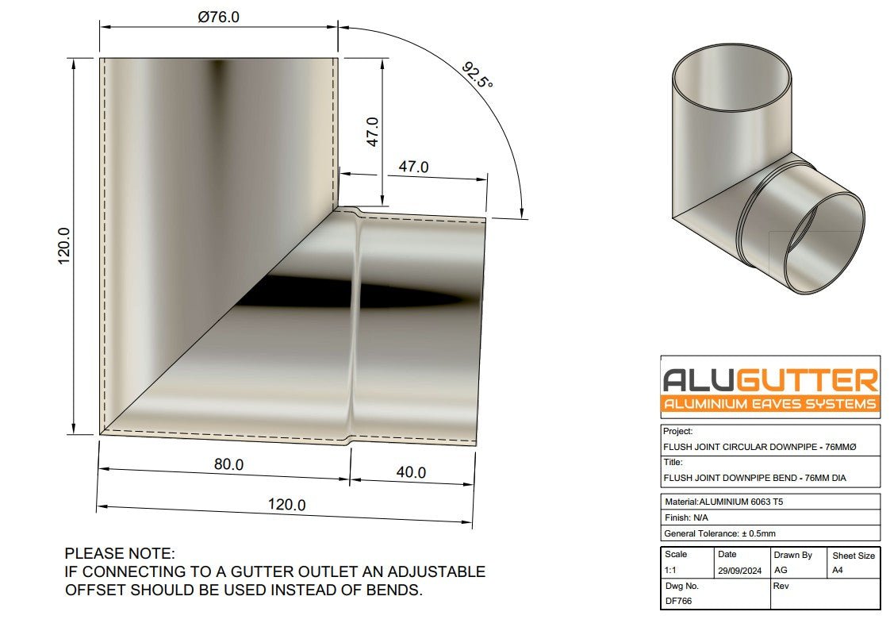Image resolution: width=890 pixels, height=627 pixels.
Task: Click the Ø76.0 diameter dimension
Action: [x=218, y=17]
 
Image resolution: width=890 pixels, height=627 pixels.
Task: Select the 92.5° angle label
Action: [x=477, y=76]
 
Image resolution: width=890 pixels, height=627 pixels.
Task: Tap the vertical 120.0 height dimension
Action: [x=64, y=245]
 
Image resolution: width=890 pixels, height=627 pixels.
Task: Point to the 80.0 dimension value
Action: [x=228, y=464]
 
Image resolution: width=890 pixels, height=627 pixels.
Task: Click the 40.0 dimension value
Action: [x=410, y=472]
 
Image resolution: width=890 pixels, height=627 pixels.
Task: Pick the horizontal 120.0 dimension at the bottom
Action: [x=286, y=505]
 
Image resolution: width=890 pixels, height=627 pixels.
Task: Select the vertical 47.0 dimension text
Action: [x=373, y=132]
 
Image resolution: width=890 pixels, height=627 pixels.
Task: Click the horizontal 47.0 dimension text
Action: [x=412, y=167]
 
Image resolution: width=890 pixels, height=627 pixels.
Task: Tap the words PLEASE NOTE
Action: [x=120, y=553]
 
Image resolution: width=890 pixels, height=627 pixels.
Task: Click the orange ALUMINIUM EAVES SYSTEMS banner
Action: [x=770, y=404]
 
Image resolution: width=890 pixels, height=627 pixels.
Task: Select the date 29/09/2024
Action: [x=737, y=571]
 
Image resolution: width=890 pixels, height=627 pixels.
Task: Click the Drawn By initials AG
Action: [x=781, y=571]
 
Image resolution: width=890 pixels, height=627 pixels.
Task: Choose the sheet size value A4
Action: [x=838, y=571]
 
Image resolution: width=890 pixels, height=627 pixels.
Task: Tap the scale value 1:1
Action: [x=671, y=571]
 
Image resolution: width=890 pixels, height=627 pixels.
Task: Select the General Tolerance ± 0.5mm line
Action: [x=719, y=533]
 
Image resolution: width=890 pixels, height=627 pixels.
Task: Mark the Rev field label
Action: [x=781, y=585]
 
